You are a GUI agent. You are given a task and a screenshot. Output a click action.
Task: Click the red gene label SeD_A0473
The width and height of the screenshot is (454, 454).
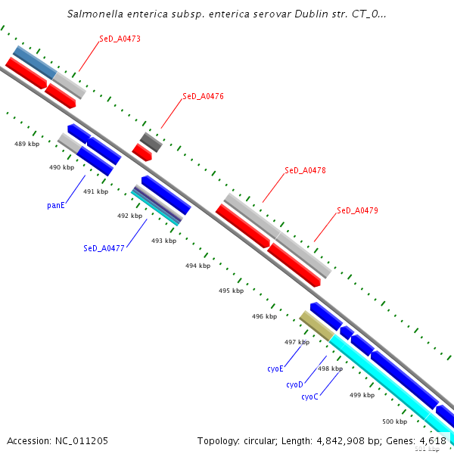(x=120, y=39)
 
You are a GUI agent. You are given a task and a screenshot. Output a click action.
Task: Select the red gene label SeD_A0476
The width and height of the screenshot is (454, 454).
(x=203, y=97)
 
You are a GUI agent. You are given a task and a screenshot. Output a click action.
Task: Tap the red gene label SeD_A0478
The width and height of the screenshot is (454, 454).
(x=305, y=171)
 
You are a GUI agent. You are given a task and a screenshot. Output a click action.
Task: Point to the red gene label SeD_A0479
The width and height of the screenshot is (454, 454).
(x=357, y=210)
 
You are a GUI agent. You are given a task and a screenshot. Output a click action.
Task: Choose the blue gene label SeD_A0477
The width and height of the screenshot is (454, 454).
(x=104, y=248)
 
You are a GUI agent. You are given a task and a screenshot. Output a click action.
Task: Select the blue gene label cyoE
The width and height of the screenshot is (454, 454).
(x=275, y=368)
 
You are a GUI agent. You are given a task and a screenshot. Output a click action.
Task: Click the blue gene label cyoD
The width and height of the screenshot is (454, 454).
(x=294, y=385)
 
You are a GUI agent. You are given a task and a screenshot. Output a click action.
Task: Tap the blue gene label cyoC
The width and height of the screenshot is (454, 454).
(x=309, y=397)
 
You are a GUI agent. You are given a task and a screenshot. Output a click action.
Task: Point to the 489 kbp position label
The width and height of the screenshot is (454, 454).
(x=27, y=144)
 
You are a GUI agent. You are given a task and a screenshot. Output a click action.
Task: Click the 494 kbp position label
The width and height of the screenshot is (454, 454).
(x=197, y=266)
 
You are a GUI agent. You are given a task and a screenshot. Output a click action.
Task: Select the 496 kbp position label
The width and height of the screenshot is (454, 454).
(x=265, y=316)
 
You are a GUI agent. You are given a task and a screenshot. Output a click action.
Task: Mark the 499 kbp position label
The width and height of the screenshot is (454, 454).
(x=362, y=395)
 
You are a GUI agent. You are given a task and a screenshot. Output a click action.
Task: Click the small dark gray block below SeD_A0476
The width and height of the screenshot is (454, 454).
(x=151, y=141)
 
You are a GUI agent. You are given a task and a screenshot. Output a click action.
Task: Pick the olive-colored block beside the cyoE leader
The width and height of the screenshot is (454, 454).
(x=317, y=325)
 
